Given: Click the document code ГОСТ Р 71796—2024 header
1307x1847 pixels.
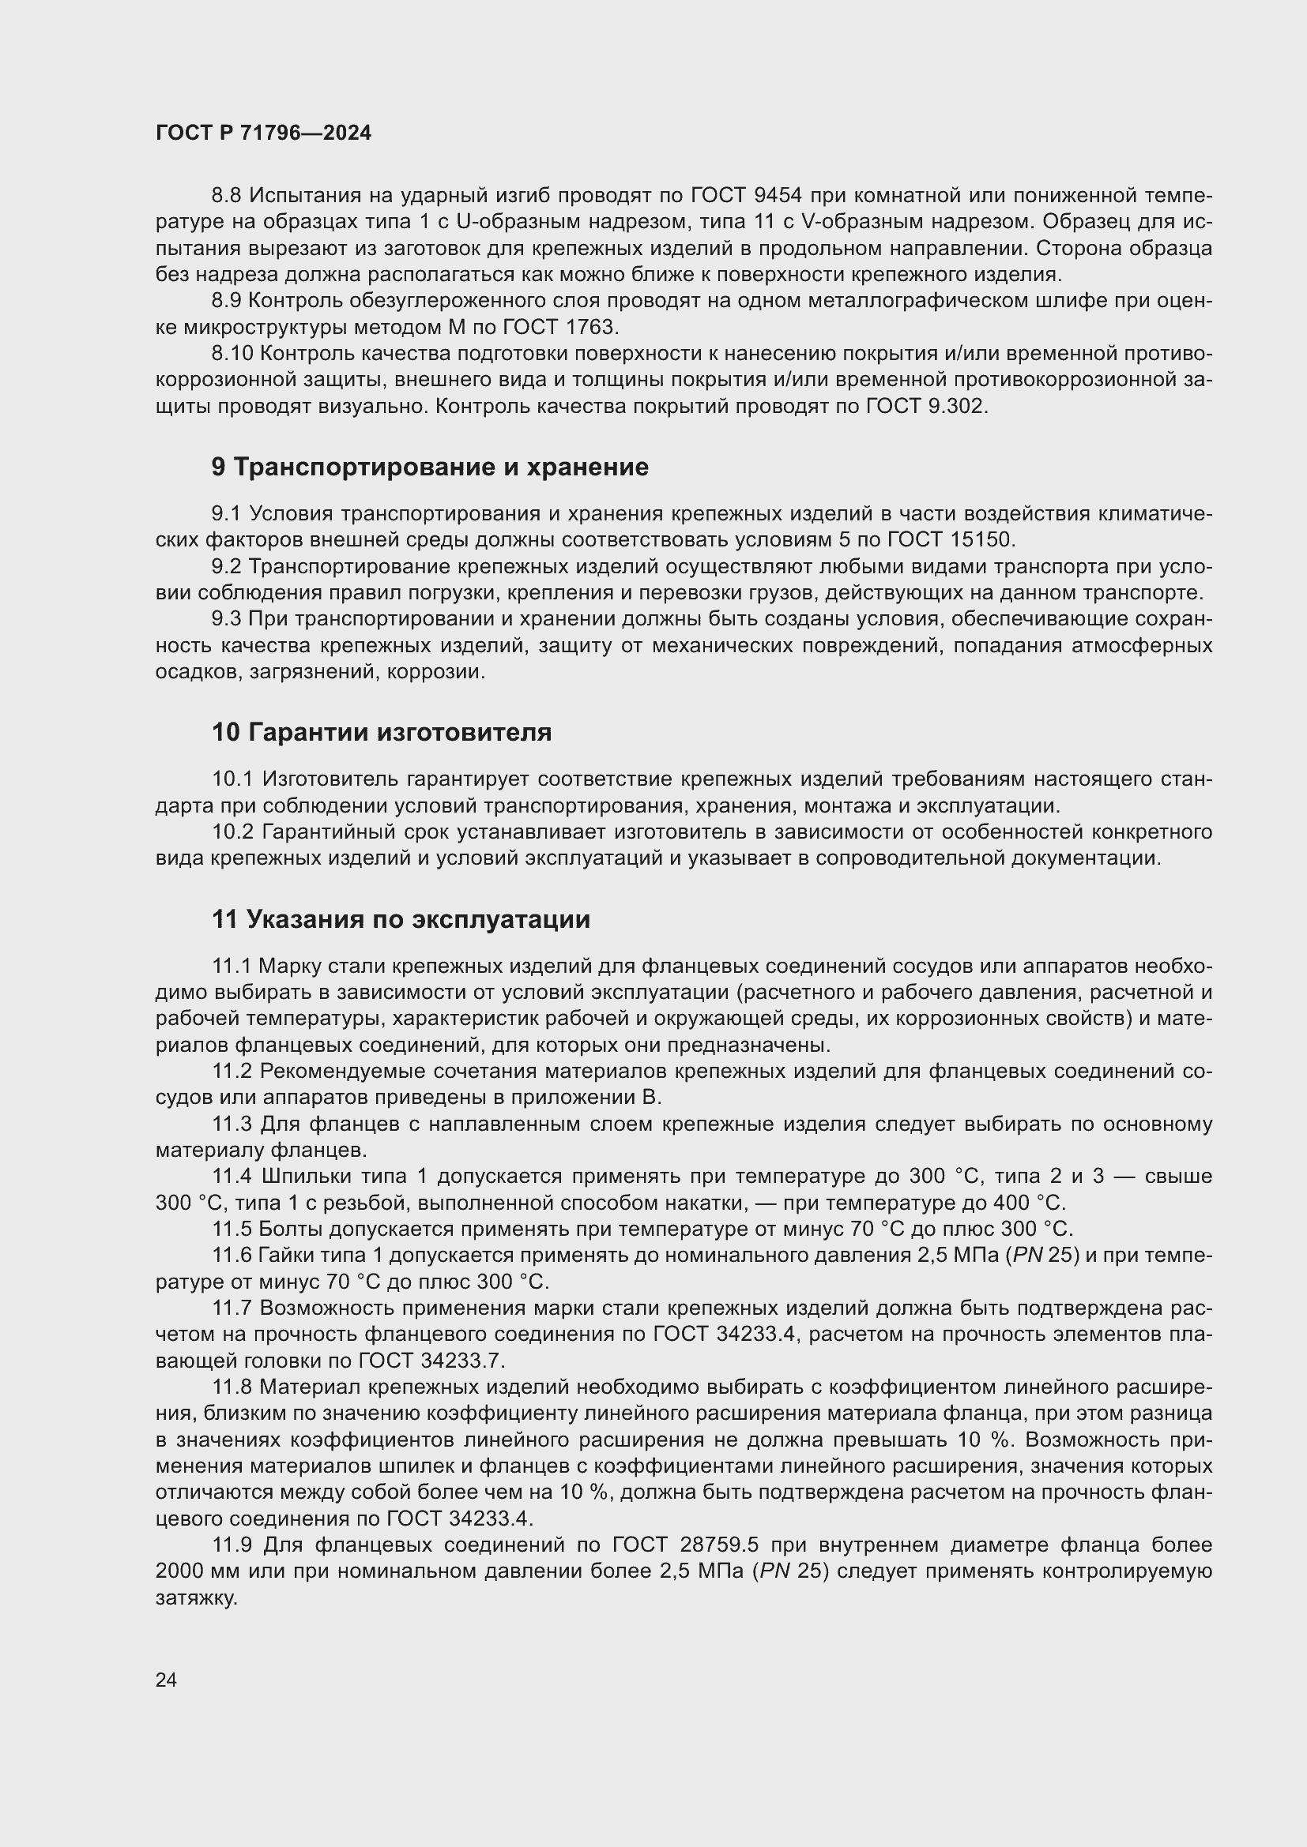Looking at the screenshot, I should [263, 133].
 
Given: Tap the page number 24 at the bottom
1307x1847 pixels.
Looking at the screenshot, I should [166, 1680].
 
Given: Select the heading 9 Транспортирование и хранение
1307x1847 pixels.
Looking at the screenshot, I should [430, 467].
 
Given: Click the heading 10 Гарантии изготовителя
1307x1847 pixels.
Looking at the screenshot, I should [382, 733].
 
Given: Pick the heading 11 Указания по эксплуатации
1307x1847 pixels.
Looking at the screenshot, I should [401, 919].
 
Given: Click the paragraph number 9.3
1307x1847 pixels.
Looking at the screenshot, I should [226, 618].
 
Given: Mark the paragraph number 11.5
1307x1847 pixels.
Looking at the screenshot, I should [232, 1229].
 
